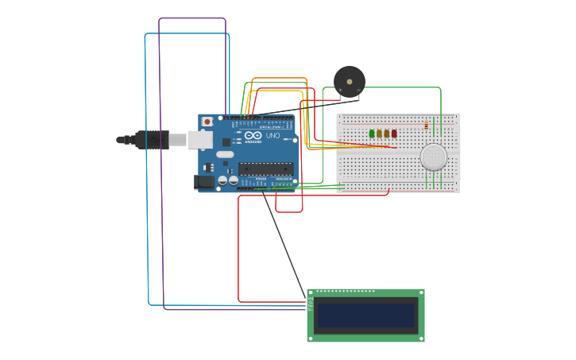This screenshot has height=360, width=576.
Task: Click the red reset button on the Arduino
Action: pyautogui.click(x=207, y=122)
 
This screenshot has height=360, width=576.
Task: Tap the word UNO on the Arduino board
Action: pyautogui.click(x=273, y=136)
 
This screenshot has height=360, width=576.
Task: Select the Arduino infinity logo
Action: pyautogui.click(x=253, y=136)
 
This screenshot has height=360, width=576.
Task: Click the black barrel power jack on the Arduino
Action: pyautogui.click(x=204, y=182)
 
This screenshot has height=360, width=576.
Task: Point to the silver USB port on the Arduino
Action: pyautogui.click(x=199, y=140)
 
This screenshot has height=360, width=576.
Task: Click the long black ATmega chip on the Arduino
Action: pyautogui.click(x=265, y=168)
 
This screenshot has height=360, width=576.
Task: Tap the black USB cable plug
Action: pyautogui.click(x=151, y=140)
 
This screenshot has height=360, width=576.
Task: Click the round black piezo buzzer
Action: pyautogui.click(x=350, y=81)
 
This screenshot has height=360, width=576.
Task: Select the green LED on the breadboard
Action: pyautogui.click(x=372, y=134)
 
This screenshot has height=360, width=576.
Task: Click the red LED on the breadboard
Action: pyautogui.click(x=394, y=134)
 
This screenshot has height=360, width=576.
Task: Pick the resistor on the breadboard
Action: pyautogui.click(x=427, y=125)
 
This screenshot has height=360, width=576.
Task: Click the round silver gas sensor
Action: pyautogui.click(x=434, y=157)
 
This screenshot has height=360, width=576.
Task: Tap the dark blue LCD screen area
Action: pyautogui.click(x=365, y=315)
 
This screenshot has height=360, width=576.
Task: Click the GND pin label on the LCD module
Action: pyautogui.click(x=311, y=298)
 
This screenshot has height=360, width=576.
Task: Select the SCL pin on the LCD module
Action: pyautogui.click(x=311, y=310)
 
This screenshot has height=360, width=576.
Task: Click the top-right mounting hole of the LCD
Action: pyautogui.click(x=420, y=292)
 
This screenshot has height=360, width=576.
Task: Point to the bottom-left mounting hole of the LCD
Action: pyautogui.click(x=311, y=338)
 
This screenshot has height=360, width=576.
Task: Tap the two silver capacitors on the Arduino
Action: pyautogui.click(x=228, y=181)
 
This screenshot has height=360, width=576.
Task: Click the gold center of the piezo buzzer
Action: pyautogui.click(x=350, y=80)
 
